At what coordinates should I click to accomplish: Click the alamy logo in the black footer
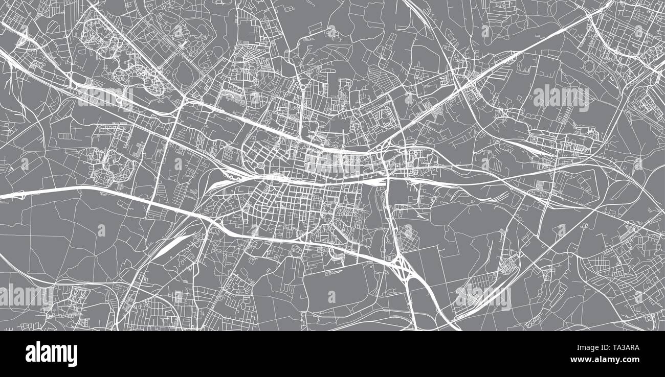(x=51, y=354)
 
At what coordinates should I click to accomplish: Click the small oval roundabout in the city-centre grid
(x=260, y=166)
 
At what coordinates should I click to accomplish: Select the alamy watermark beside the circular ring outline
(x=561, y=97)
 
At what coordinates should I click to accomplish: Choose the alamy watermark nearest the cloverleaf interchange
(x=483, y=296)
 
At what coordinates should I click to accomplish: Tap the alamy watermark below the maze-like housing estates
(x=105, y=97)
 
